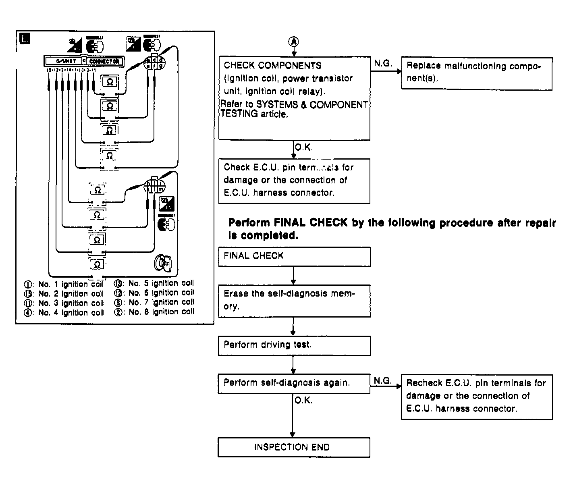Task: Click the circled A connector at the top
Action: coord(294,41)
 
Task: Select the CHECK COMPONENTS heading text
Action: coord(272,65)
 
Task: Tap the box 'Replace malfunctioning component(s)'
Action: coord(476,73)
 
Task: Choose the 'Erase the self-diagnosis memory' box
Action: coord(294,301)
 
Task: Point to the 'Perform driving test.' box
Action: coord(294,345)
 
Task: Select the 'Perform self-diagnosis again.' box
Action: coord(294,383)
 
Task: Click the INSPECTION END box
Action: coord(294,447)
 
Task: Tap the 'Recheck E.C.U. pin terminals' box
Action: coord(476,397)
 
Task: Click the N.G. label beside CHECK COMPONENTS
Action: coord(383,63)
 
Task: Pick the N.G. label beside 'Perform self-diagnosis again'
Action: coord(383,380)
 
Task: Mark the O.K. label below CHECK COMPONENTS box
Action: coord(303,147)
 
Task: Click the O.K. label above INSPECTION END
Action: coord(303,401)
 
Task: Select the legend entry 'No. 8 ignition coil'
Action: coord(155,312)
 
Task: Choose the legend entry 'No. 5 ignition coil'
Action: coord(155,283)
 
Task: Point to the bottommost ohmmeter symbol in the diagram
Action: coord(97,265)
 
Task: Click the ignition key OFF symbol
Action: coord(162,262)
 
